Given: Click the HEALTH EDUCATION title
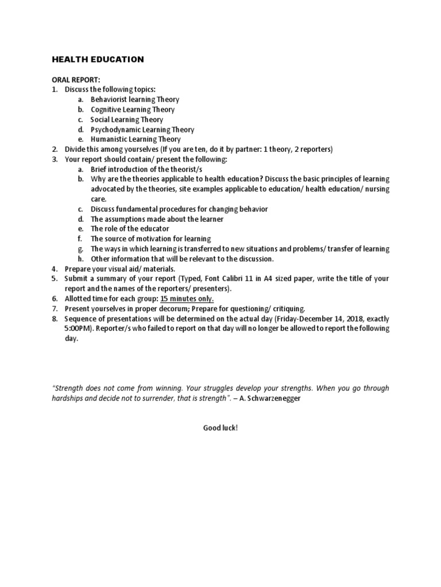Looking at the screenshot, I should pyautogui.click(x=98, y=59).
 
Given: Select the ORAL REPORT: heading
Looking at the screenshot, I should pyautogui.click(x=76, y=80).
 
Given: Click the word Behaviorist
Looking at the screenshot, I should pyautogui.click(x=109, y=99).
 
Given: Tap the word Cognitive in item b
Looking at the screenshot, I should pyautogui.click(x=106, y=109).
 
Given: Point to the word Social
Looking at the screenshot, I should pyautogui.click(x=100, y=119).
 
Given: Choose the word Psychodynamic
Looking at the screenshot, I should pyautogui.click(x=115, y=130).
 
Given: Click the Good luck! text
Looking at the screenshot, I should pyautogui.click(x=220, y=428).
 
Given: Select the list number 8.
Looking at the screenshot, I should pyautogui.click(x=55, y=319).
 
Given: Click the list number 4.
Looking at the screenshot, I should pyautogui.click(x=55, y=269).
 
